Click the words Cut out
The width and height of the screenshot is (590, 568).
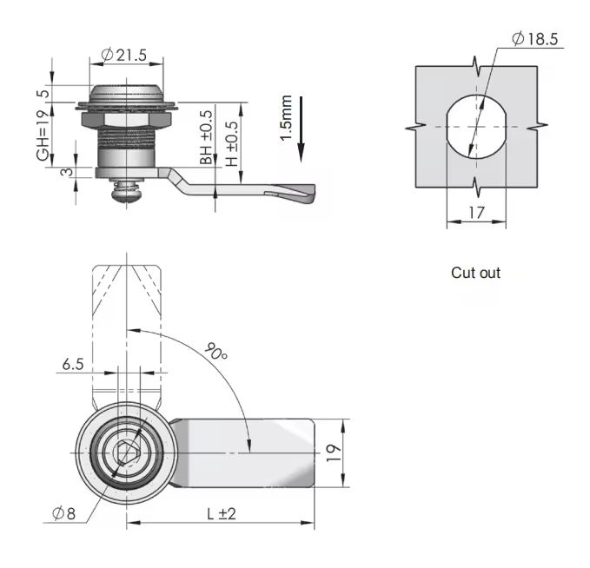click(x=475, y=273)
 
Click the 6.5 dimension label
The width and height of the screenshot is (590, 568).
click(x=72, y=365)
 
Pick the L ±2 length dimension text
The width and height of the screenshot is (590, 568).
click(x=222, y=513)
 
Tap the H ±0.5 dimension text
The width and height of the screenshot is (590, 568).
click(x=231, y=139)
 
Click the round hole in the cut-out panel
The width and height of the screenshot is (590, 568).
click(x=475, y=128)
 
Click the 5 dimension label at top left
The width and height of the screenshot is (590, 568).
click(x=41, y=94)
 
